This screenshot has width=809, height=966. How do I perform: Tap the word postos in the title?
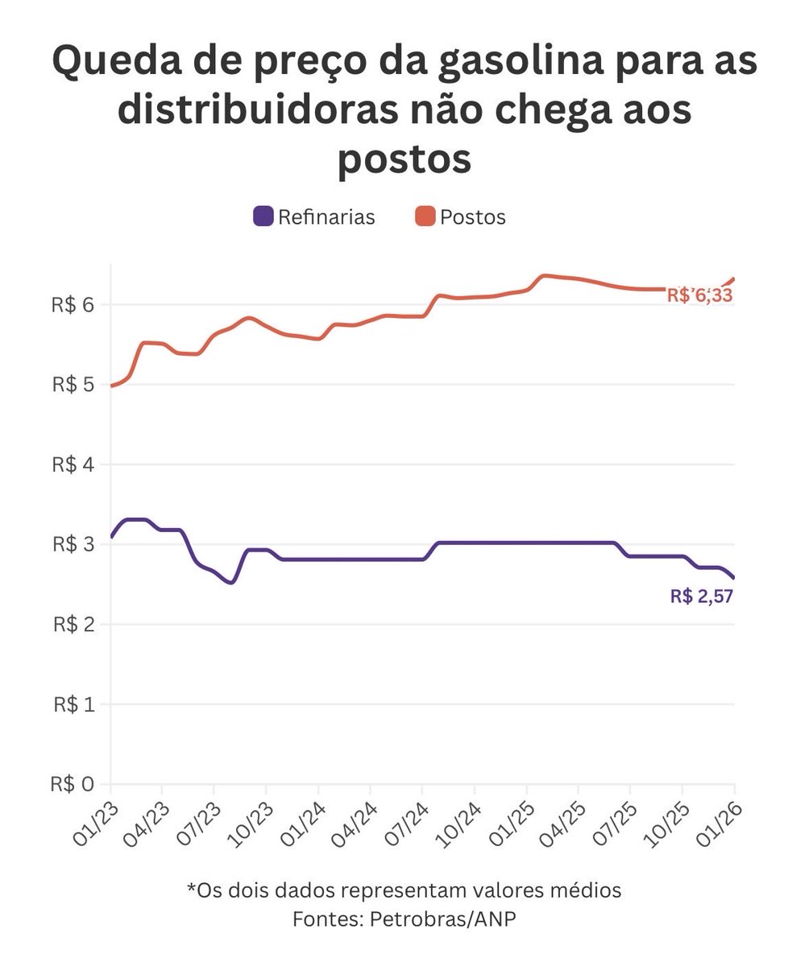point(404,158)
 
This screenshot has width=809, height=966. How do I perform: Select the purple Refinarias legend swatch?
point(263,217)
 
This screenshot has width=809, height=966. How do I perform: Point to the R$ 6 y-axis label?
point(74,304)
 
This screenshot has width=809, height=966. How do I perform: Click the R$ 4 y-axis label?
point(74,464)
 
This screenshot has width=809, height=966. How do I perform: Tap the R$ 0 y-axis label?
point(74,784)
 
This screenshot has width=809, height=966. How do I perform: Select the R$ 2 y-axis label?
point(74,625)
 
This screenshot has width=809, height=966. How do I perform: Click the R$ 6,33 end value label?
point(699,296)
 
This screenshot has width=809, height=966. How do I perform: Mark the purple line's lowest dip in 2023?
point(231,582)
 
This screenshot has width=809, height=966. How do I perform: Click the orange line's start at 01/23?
point(111,386)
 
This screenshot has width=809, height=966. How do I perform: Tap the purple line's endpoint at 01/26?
point(733,577)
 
